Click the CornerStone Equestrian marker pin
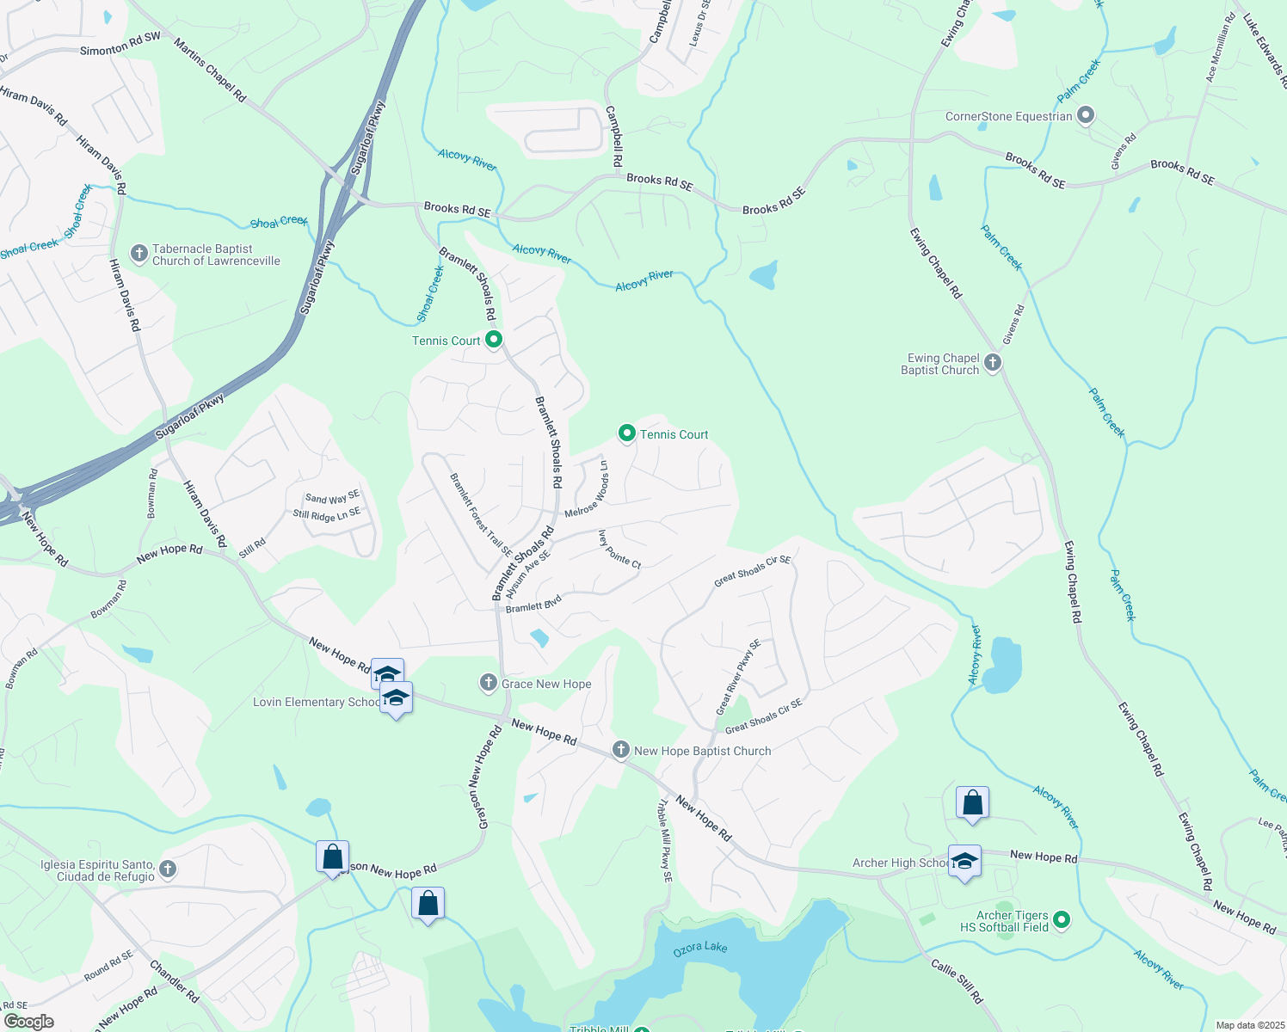1086,115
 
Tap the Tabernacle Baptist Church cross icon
139,254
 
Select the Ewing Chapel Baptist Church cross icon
993,363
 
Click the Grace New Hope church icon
489,683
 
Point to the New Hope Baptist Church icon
620,750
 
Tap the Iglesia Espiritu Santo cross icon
168,869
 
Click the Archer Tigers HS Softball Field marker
1062,920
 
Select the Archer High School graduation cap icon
964,861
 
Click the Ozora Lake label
700,948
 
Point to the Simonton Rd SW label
120,45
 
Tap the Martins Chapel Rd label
210,71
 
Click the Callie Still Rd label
957,981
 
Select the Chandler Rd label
175,981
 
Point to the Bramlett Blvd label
533,604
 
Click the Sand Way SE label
332,498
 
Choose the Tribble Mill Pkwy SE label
665,841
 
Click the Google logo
29,1022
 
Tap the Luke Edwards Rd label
1265,47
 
